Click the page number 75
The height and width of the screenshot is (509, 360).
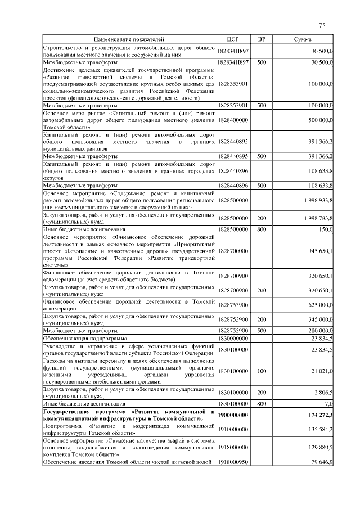pyautogui.click(x=322, y=26)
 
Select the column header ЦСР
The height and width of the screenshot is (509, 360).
pyautogui.click(x=233, y=40)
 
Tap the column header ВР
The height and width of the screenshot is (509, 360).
pyautogui.click(x=262, y=40)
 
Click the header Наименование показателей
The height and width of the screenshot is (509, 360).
pyautogui.click(x=129, y=40)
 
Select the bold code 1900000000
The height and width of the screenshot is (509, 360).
pyautogui.click(x=233, y=415)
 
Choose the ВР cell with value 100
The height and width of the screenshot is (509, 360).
pyautogui.click(x=262, y=371)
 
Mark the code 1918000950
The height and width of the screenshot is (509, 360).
pyautogui.click(x=233, y=462)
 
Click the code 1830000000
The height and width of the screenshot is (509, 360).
pyautogui.click(x=233, y=339)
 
